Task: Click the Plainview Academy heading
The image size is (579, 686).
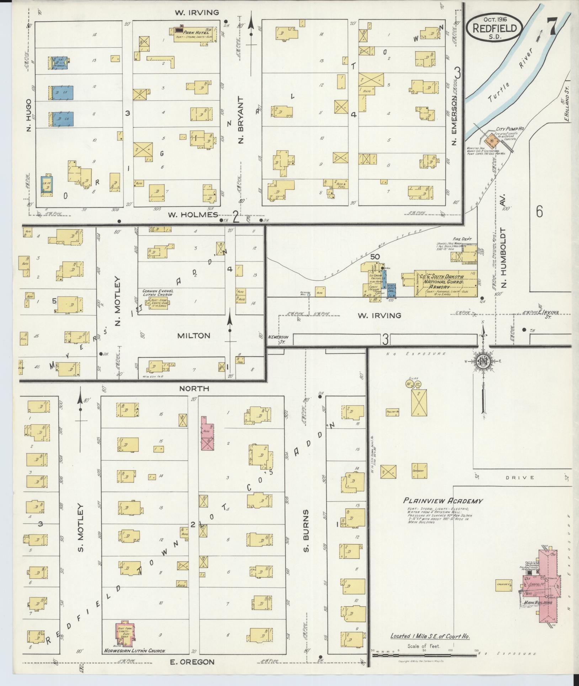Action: pyautogui.click(x=443, y=501)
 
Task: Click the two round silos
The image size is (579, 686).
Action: pyautogui.click(x=413, y=384)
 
